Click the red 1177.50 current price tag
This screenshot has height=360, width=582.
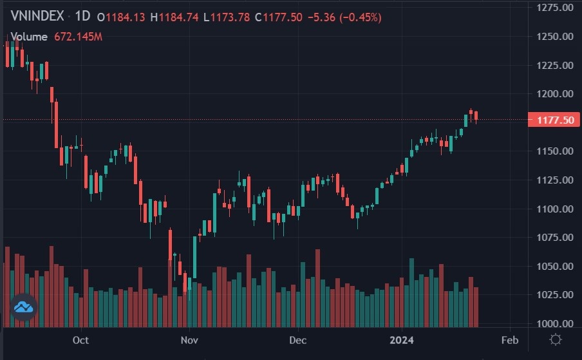(x=550, y=120)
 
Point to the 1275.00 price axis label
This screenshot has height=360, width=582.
(x=554, y=8)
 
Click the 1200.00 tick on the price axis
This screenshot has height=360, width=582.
(x=554, y=94)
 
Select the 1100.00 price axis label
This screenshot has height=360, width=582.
(x=554, y=209)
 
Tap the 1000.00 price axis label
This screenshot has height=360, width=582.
(x=554, y=323)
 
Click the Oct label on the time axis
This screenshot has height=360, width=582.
(x=80, y=339)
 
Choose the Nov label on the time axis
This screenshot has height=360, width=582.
(x=189, y=339)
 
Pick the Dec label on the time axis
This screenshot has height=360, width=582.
(x=297, y=339)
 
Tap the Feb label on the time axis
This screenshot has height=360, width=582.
(x=509, y=339)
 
